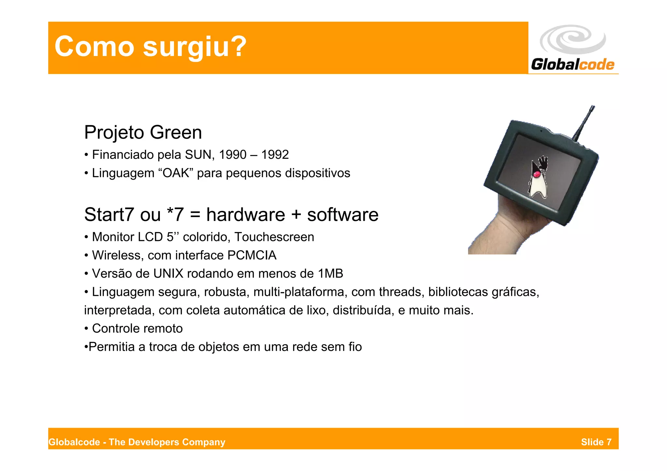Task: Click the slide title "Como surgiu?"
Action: [x=150, y=47]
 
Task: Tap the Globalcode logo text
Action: [x=573, y=64]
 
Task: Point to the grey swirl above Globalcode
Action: [x=573, y=39]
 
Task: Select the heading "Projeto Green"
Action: [x=143, y=132]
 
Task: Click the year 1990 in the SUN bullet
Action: [x=233, y=155]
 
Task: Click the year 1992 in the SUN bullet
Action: [x=275, y=155]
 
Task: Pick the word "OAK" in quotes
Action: [x=176, y=173]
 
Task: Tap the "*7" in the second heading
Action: [x=175, y=215]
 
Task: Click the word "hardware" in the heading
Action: [x=246, y=215]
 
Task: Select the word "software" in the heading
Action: [x=343, y=215]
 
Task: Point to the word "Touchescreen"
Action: [x=274, y=237]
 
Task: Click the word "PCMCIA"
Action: [x=252, y=255]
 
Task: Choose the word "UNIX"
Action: [x=168, y=273]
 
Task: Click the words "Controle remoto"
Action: [x=137, y=328]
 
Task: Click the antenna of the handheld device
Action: [x=585, y=124]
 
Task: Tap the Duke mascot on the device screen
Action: [x=537, y=177]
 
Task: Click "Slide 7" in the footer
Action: [x=596, y=442]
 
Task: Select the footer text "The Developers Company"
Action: [x=167, y=442]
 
